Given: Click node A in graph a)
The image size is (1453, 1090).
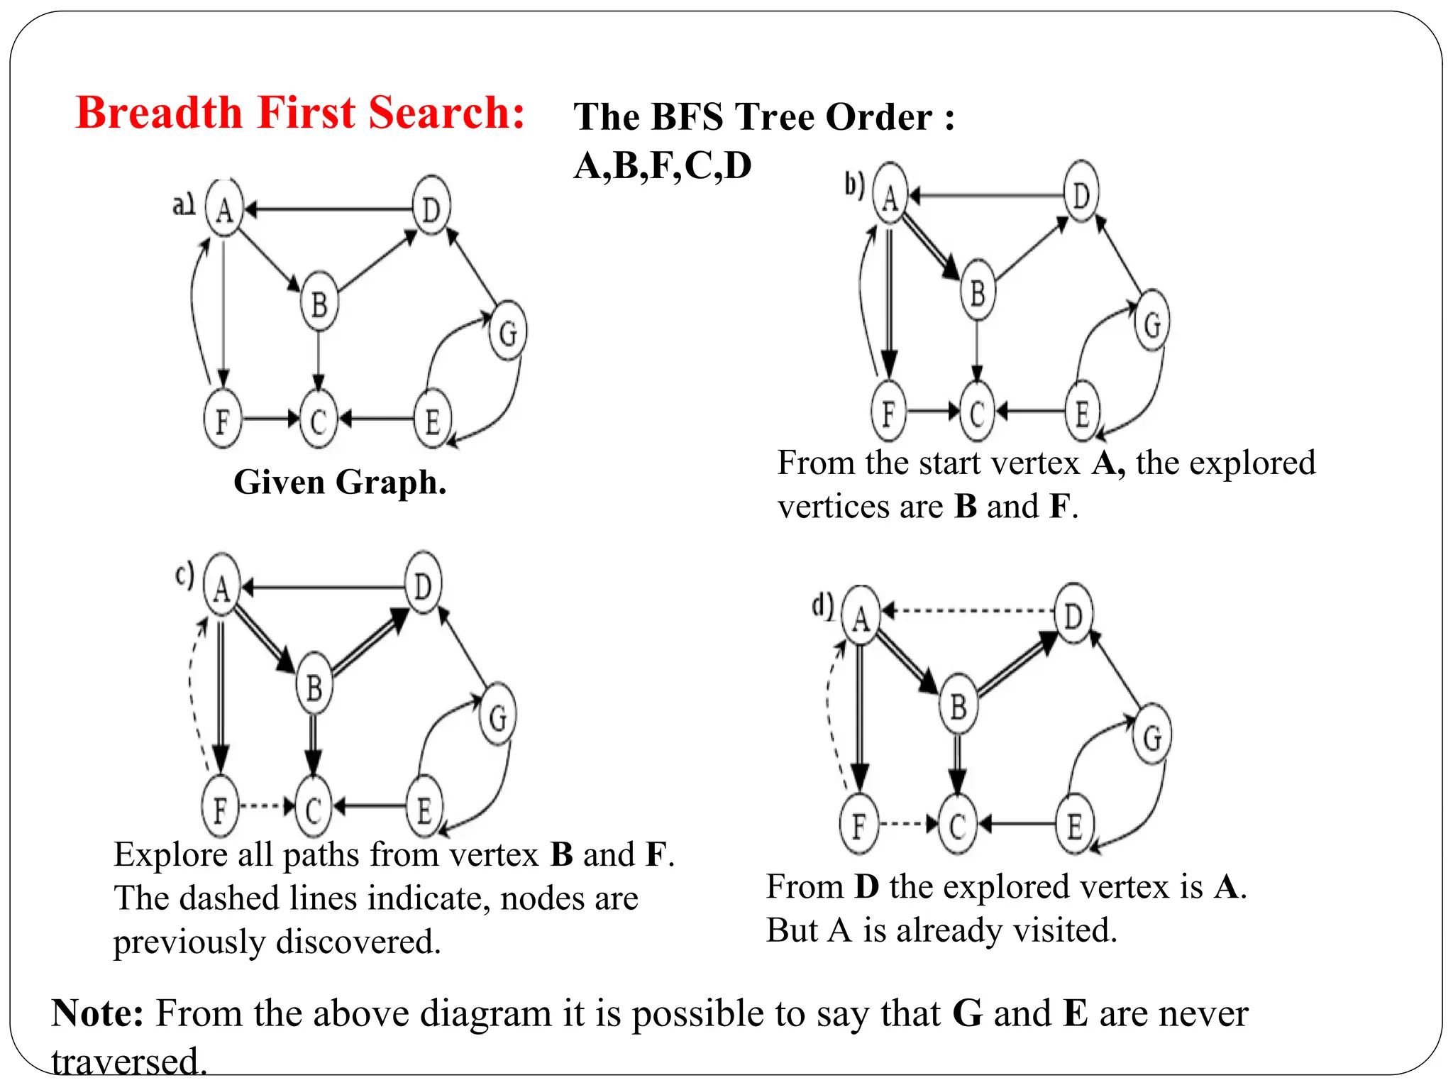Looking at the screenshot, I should coord(224,209).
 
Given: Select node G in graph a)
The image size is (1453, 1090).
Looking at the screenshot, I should coord(508,331).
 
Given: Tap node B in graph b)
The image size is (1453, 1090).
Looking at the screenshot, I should coord(978,292).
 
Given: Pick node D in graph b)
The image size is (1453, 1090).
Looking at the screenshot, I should coord(1081,193).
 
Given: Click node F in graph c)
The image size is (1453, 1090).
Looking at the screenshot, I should coord(220,808).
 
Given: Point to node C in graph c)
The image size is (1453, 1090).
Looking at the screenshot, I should coord(313,808).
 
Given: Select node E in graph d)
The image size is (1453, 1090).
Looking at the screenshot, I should coord(1075,825).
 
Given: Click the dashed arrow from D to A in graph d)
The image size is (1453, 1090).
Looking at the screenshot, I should coord(968,610).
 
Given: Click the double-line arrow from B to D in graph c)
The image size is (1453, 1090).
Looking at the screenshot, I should coord(369,642).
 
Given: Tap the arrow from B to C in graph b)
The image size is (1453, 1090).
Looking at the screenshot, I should coord(977,351).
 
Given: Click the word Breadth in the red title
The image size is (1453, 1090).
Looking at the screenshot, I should coord(159,114).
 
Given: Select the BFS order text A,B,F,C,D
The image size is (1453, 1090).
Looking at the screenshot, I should coord(662,166).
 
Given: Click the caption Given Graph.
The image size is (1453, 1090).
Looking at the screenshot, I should coord(340,483).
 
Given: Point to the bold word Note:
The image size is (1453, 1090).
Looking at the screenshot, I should coord(98,1013).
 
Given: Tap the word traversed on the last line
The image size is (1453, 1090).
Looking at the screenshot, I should coord(128,1062).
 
